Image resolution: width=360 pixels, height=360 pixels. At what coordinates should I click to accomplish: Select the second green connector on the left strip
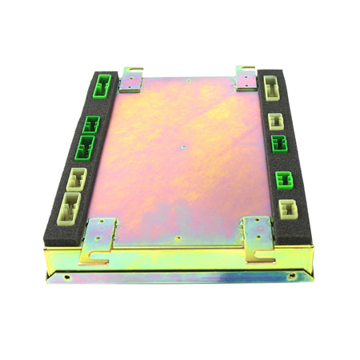coord(90,125)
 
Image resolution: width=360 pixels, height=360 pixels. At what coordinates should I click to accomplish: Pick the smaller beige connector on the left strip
coord(78,178)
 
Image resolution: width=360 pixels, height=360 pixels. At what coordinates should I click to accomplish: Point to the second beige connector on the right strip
coord(275,120)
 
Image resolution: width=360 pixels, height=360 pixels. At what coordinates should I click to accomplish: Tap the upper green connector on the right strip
coord(279,144)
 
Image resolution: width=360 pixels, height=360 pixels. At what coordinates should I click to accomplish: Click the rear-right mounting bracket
coord(246,77)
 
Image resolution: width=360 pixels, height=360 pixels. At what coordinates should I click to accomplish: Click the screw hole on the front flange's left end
coord(66,278)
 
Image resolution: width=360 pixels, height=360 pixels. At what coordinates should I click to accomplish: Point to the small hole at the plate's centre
coord(183,147)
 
